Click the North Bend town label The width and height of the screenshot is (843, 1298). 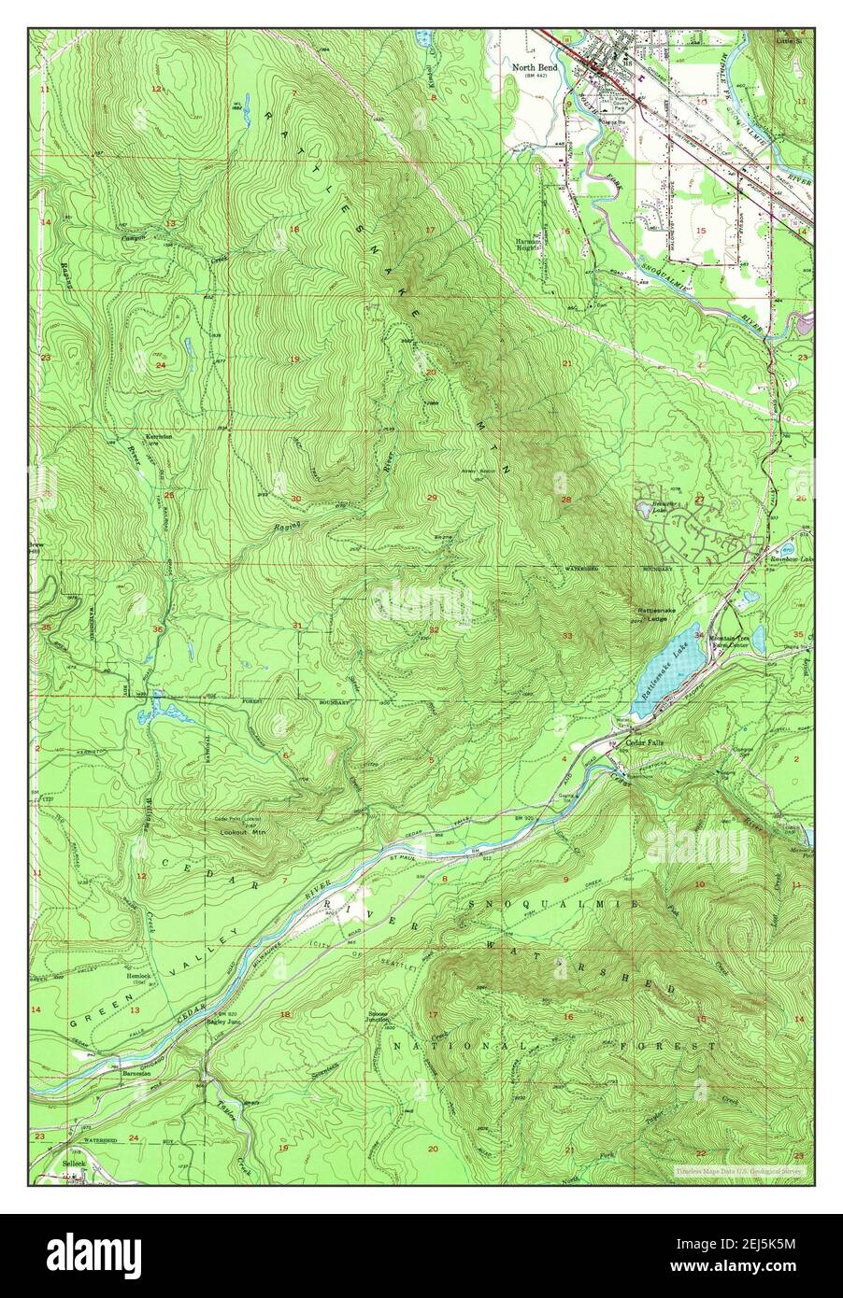[534, 66]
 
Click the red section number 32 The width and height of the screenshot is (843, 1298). [434, 629]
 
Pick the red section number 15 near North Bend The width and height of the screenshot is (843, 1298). [699, 230]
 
